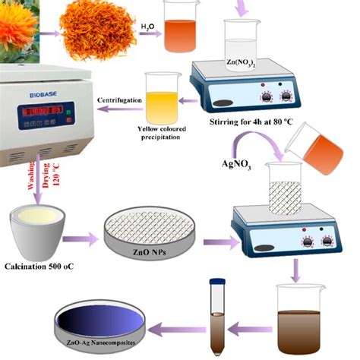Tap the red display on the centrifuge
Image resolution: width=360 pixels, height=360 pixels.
click(x=42, y=112)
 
